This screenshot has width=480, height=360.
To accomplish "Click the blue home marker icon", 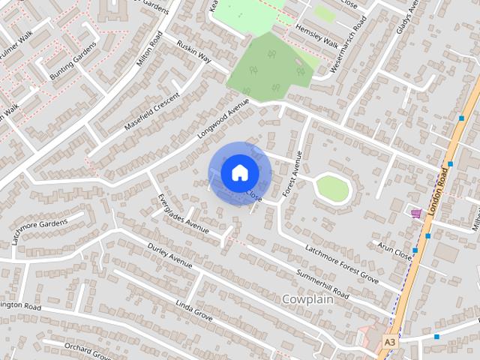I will tap(239, 172).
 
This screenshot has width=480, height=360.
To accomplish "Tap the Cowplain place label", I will tap(313, 298).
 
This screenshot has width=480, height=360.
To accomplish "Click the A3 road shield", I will tap(389, 341).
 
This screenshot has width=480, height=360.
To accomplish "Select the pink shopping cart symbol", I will tap(415, 214).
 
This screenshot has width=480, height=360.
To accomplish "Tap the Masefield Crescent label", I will tap(148, 111).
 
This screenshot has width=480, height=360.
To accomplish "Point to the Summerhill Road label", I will tap(322, 282).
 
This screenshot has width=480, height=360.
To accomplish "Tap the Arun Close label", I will tap(396, 250).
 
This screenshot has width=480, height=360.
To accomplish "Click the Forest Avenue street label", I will tap(291, 175).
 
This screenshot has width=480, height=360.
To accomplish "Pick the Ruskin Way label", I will tap(195, 52).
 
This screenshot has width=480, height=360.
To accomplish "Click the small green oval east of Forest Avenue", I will tap(331, 187).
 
